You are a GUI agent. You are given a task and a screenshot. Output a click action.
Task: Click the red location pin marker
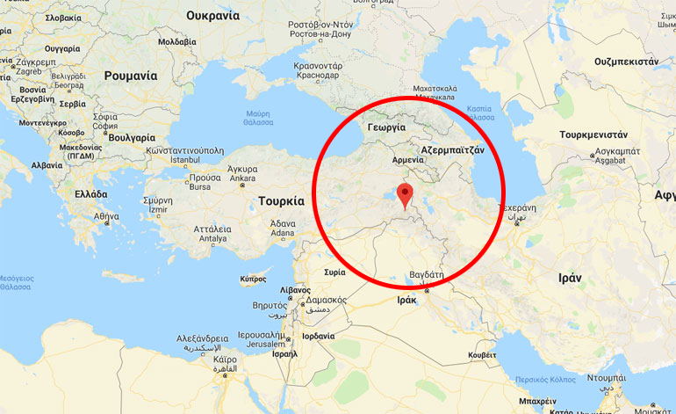pos(405,195)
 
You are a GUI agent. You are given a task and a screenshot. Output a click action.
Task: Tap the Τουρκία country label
pos(281,201)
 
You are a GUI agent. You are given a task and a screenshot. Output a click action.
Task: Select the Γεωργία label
pos(386,127)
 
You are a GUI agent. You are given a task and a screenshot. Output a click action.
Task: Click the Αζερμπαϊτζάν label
pos(452,150)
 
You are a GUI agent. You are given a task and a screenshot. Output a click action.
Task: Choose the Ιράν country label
pos(570,277)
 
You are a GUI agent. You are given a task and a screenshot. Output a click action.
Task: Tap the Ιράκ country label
pos(406,300)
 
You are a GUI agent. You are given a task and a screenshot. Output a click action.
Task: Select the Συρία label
pos(334,272)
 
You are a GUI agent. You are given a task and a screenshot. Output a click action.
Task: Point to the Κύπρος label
pos(254,280)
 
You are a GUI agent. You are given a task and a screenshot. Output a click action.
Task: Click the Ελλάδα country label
pos(91,194)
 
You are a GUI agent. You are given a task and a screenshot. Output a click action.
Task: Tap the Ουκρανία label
pos(213,15)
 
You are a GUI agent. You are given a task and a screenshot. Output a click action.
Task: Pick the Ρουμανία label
pos(131,76)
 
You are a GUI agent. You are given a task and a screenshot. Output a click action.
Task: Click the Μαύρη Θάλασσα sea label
pos(258,117)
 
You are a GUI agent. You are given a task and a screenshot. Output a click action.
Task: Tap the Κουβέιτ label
pos(482,354)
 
